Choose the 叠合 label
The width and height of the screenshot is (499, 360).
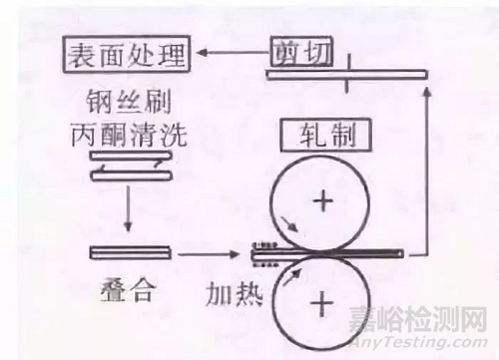pyautogui.click(x=127, y=293)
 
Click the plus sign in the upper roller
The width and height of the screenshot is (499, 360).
pyautogui.click(x=321, y=202)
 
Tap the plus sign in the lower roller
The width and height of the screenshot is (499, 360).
pyautogui.click(x=321, y=300)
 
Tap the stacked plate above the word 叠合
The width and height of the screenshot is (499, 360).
pyautogui.click(x=127, y=251)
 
